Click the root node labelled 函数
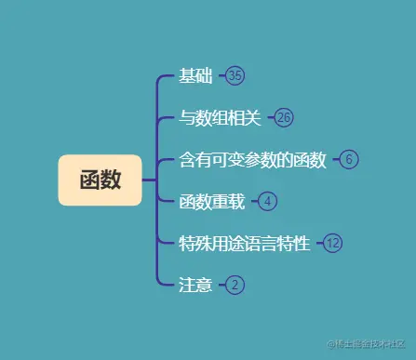100,180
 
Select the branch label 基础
196,75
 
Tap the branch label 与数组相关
222,117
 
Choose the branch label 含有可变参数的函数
252,159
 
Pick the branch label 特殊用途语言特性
244,243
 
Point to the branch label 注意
196,285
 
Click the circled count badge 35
235,75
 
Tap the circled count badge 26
284,117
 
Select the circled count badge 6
349,159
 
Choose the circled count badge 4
267,201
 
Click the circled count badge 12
332,243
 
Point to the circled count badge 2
235,285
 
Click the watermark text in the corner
366,343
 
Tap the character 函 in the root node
89,180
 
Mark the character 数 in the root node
111,180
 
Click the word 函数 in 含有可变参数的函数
309,159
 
